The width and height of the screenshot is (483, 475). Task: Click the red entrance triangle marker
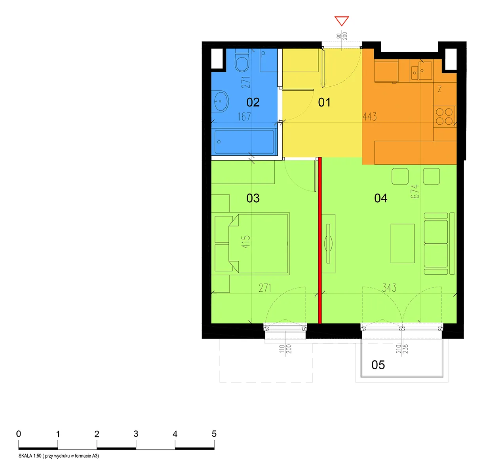click(341, 21)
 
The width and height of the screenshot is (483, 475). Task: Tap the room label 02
click(253, 102)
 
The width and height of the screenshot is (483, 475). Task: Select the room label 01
click(324, 102)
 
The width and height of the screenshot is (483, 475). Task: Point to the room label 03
click(253, 198)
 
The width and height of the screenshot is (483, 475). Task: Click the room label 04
click(380, 198)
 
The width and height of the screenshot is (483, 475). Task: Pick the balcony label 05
click(378, 365)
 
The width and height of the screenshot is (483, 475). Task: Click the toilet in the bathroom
click(242, 61)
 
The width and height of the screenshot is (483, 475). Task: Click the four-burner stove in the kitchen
click(445, 116)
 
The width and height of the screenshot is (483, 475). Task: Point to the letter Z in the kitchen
click(439, 89)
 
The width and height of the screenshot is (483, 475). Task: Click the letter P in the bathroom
click(263, 54)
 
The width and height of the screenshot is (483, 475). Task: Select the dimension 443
click(369, 116)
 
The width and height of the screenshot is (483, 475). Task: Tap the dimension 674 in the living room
click(415, 192)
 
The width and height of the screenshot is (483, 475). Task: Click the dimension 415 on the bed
click(245, 241)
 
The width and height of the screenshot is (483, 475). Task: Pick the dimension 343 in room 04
click(389, 288)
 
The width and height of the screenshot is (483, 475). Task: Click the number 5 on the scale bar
click(214, 434)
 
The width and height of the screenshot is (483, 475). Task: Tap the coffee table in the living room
click(403, 243)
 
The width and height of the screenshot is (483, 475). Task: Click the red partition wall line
click(320, 240)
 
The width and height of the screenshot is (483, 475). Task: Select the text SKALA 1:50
click(30, 456)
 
